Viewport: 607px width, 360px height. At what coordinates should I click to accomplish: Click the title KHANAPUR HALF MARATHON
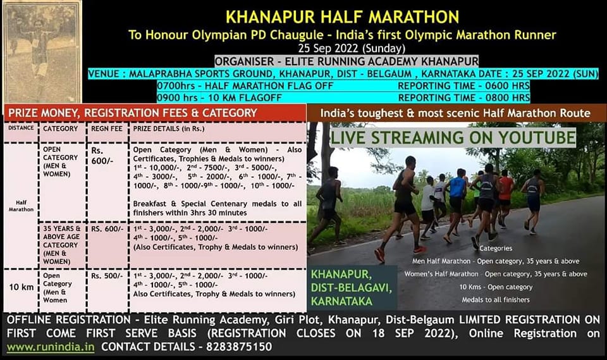[x=343, y=16]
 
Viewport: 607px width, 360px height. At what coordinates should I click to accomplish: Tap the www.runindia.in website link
[x=51, y=347]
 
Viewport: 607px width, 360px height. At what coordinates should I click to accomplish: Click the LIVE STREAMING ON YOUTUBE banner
[x=453, y=137]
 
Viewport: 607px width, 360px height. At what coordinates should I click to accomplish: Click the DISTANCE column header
[x=21, y=128]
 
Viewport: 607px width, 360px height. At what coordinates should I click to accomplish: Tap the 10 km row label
[x=21, y=287]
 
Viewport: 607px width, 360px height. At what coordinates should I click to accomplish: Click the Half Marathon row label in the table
[x=21, y=206]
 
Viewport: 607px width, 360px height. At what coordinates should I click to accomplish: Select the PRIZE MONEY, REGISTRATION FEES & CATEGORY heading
[x=132, y=113]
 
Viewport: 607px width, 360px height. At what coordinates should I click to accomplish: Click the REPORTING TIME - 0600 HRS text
[x=463, y=85]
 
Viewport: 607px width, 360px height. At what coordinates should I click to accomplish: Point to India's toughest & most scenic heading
[x=455, y=113]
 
